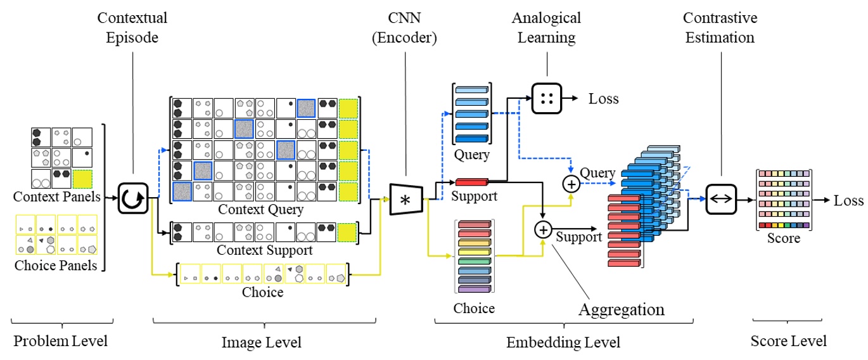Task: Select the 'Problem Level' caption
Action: pos(61,341)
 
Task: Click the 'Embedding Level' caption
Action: pos(563,342)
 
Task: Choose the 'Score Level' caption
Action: pos(788,341)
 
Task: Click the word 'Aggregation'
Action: pos(621,309)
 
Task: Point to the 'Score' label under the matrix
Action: pos(784,239)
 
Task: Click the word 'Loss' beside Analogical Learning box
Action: pos(604,98)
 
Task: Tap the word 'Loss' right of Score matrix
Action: pos(848,200)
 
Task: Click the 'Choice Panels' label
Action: pos(56,265)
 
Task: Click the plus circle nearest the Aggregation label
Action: pos(543,230)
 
